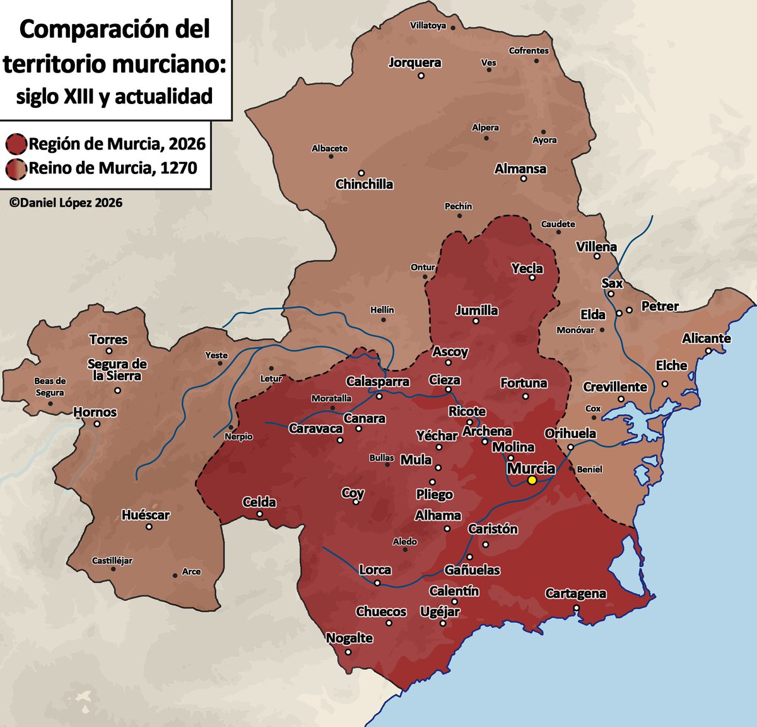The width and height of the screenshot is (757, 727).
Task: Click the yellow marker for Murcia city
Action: point(532,480)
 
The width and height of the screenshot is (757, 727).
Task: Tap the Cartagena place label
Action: point(575,593)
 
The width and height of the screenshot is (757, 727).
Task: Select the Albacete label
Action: point(329,148)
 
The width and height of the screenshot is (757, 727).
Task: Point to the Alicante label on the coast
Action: point(706,339)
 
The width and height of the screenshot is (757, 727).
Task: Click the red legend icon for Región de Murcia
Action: point(16,144)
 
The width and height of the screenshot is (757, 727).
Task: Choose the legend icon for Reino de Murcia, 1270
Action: point(16,168)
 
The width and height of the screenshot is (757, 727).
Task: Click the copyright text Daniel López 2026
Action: point(66,202)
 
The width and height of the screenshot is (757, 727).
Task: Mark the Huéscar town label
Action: point(146,515)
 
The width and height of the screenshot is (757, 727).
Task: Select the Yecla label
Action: point(527,268)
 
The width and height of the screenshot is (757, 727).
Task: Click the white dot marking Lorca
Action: point(377,583)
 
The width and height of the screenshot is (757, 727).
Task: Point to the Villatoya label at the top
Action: point(428,26)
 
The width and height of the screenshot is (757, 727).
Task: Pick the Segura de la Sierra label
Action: point(117,369)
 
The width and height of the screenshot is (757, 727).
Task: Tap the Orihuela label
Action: point(570,433)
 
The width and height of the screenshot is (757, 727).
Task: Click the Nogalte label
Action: point(349,638)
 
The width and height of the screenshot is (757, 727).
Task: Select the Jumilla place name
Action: point(477,310)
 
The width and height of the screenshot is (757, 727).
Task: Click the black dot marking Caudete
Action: point(558,232)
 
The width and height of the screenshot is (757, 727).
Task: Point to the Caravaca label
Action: point(315,429)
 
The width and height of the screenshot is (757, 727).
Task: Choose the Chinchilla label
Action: point(364,184)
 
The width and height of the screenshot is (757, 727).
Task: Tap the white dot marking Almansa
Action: point(523,179)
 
